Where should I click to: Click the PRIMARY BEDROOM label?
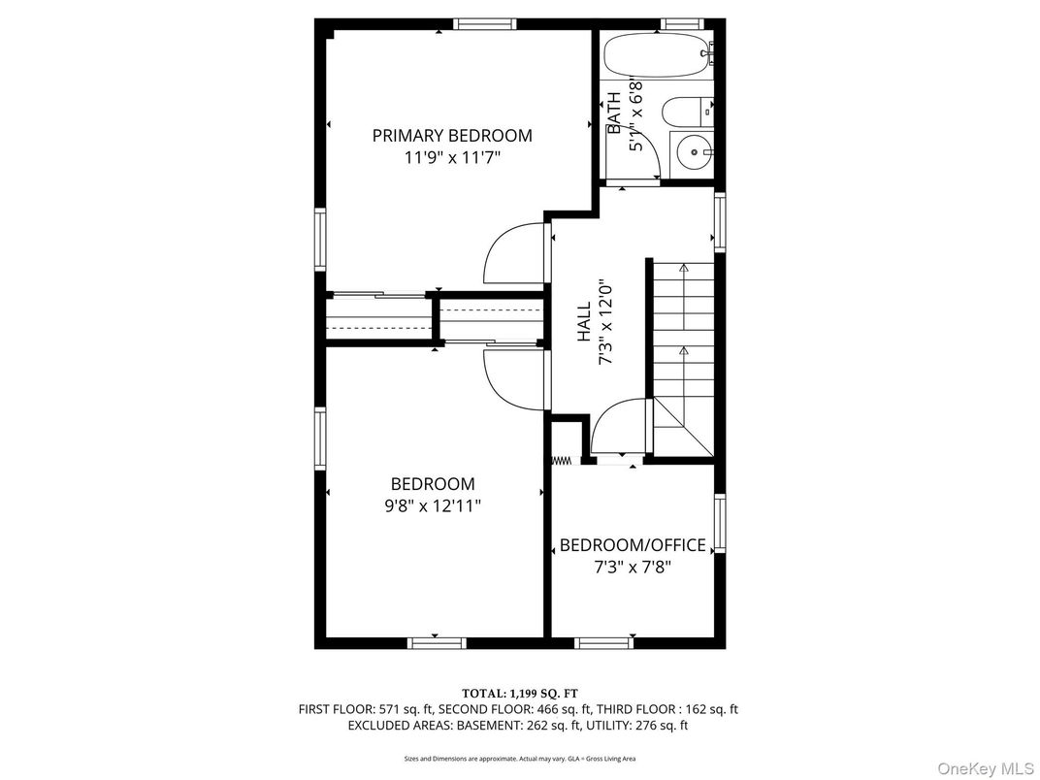pyautogui.click(x=452, y=136)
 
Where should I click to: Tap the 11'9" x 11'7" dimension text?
pyautogui.click(x=452, y=157)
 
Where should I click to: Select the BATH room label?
pyautogui.click(x=614, y=114)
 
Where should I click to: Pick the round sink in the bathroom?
pyautogui.click(x=693, y=151)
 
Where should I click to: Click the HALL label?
pyautogui.click(x=584, y=321)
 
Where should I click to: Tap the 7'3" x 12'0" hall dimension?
pyautogui.click(x=605, y=321)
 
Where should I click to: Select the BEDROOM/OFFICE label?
pyautogui.click(x=633, y=545)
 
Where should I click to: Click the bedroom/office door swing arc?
pyautogui.click(x=617, y=427)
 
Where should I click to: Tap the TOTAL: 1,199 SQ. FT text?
pyautogui.click(x=519, y=693)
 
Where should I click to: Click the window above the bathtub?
pyautogui.click(x=680, y=23)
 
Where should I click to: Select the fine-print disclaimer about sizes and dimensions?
pyautogui.click(x=519, y=758)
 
